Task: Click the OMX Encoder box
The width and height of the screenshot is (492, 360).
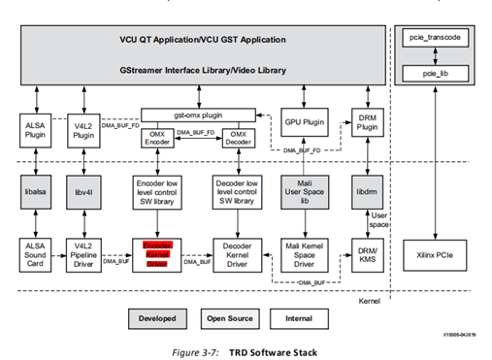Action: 159,137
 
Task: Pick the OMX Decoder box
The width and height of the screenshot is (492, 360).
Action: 224,137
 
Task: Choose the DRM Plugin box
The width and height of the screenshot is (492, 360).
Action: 366,123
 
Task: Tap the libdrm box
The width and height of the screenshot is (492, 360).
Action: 366,190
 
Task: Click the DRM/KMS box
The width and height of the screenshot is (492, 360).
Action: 366,254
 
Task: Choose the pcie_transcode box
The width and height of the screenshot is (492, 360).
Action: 442,36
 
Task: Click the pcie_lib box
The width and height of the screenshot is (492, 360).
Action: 442,72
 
